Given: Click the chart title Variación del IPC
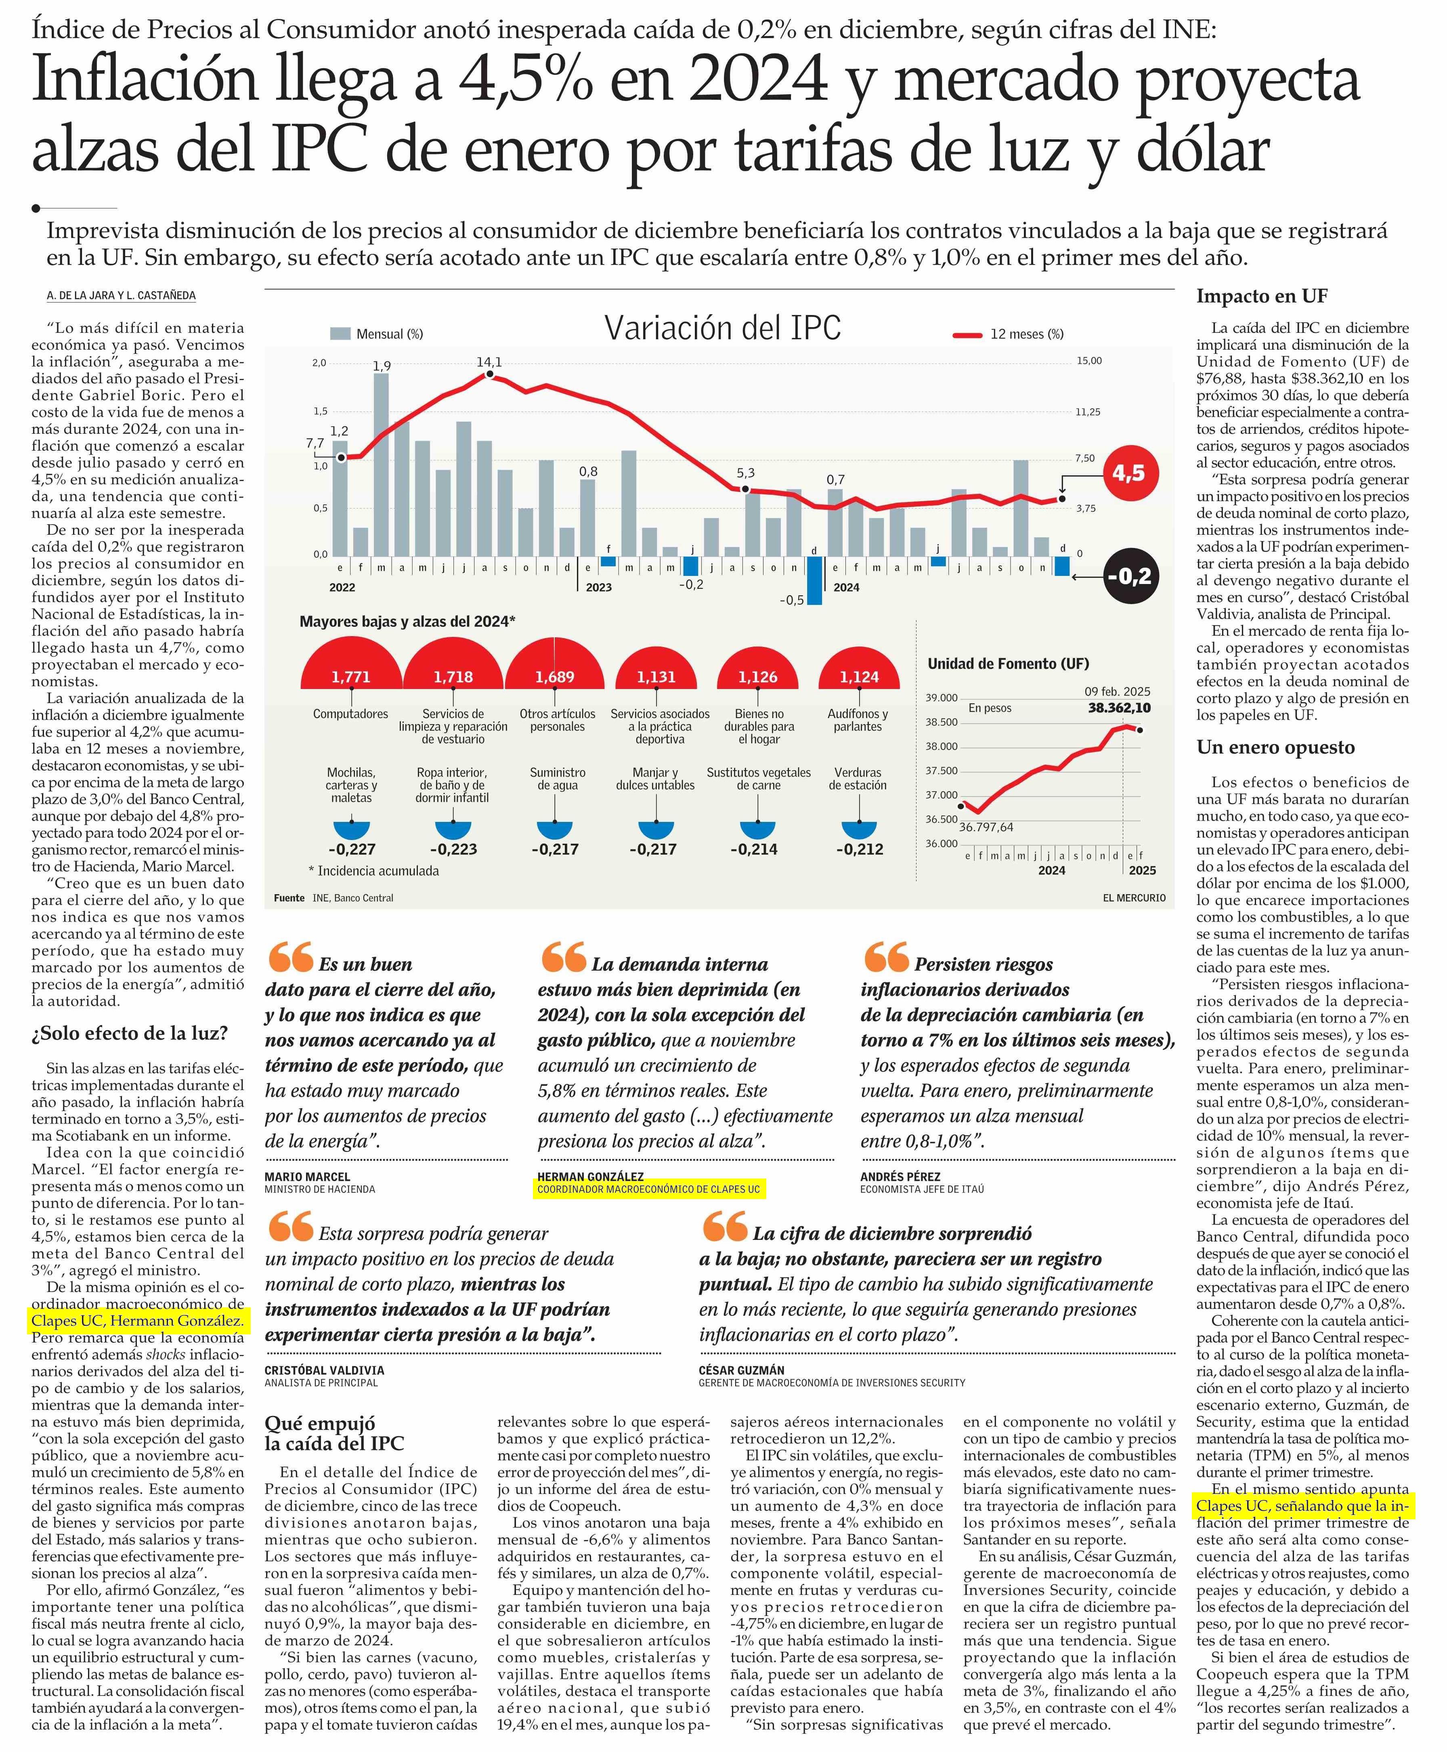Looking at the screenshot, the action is [722, 328].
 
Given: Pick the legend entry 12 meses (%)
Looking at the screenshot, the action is [1009, 334].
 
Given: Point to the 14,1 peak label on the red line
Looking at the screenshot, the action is [489, 362].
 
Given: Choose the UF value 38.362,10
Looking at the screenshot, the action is [1120, 708].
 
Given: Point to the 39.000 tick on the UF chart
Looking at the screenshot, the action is [942, 698].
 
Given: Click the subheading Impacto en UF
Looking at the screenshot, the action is [1250, 296].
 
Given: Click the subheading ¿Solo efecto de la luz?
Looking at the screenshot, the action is [129, 1033].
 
